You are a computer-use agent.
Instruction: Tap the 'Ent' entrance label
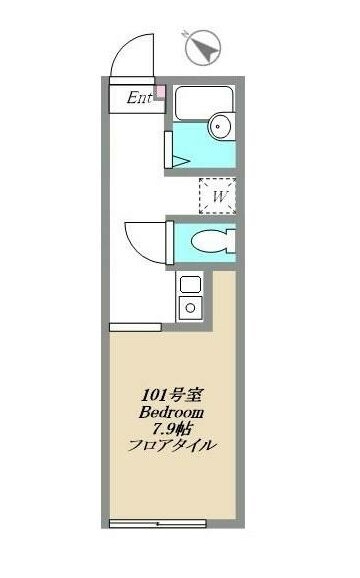(x=138, y=97)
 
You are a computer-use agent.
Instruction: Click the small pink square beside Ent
(x=159, y=93)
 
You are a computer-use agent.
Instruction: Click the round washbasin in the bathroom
(x=221, y=127)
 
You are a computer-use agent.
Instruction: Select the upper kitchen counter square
(x=188, y=285)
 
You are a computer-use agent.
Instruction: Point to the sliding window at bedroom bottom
(x=157, y=523)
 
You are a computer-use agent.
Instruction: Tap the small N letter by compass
(x=186, y=33)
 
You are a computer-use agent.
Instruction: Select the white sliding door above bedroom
(x=134, y=326)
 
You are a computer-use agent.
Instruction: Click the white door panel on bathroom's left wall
(x=168, y=146)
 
